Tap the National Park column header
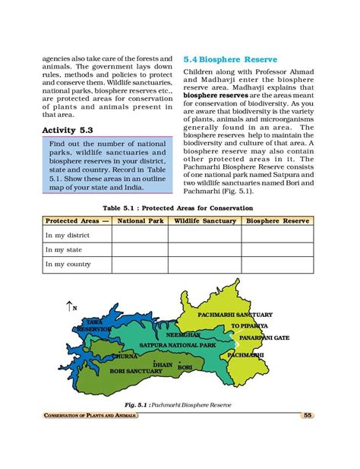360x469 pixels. point(140,221)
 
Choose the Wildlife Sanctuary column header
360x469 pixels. point(204,221)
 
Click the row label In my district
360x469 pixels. point(68,235)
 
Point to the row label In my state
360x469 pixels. point(63,249)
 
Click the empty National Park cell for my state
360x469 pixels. point(140,249)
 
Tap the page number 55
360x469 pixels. point(308,415)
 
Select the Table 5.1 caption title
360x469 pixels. point(179,208)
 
